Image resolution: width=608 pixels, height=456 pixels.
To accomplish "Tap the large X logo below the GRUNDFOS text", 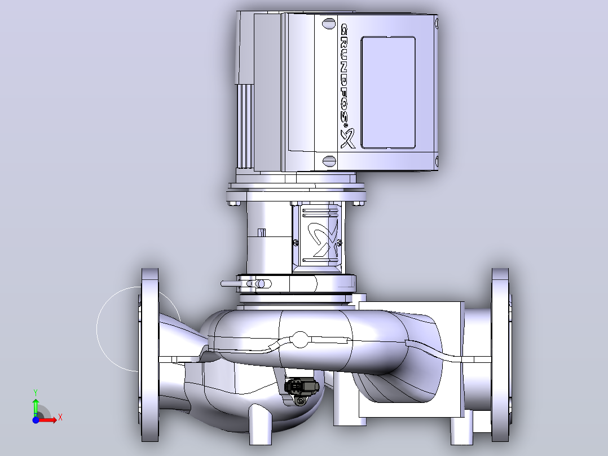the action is tap(348, 138).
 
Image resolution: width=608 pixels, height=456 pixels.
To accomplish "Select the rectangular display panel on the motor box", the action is tap(388, 93).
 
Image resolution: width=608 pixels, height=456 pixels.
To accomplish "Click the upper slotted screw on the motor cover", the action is tap(329, 23).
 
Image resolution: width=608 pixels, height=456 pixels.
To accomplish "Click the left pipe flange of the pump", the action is tap(149, 355).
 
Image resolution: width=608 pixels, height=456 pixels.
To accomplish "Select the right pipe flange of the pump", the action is tap(501, 355).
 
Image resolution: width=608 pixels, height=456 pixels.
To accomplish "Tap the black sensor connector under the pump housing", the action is tap(302, 387).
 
